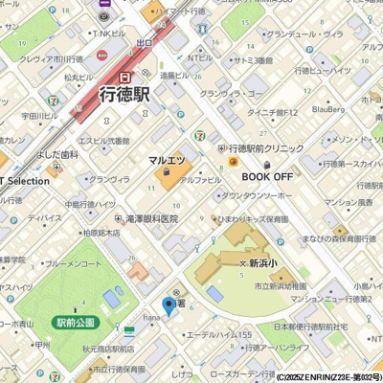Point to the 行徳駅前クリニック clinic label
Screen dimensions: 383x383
265,149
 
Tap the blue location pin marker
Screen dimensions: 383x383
169,306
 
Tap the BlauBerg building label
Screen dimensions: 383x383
328,110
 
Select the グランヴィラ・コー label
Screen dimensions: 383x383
231,94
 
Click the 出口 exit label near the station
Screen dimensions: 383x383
146,43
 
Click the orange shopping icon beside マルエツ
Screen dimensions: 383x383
167,173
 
